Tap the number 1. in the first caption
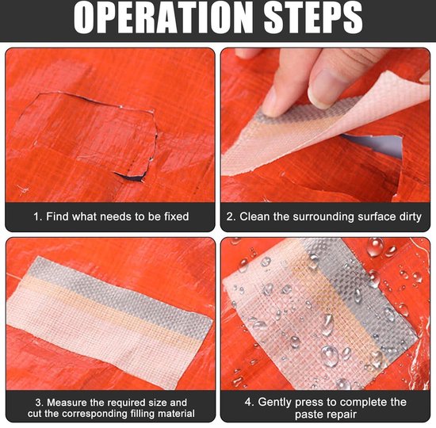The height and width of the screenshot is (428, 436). click(x=37, y=216)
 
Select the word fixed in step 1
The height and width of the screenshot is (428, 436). click(x=176, y=216)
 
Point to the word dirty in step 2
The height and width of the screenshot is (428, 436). click(x=410, y=217)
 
